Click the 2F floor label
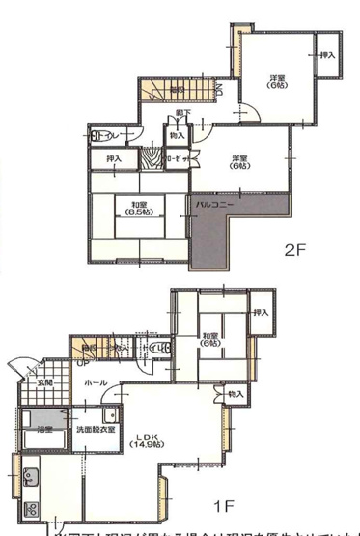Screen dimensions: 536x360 (x=293, y=249)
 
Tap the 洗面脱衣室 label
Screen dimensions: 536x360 (x=97, y=430)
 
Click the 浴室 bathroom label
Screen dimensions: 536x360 (x=43, y=429)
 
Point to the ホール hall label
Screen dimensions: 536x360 (x=95, y=382)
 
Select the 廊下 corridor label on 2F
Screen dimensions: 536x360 (x=182, y=114)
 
